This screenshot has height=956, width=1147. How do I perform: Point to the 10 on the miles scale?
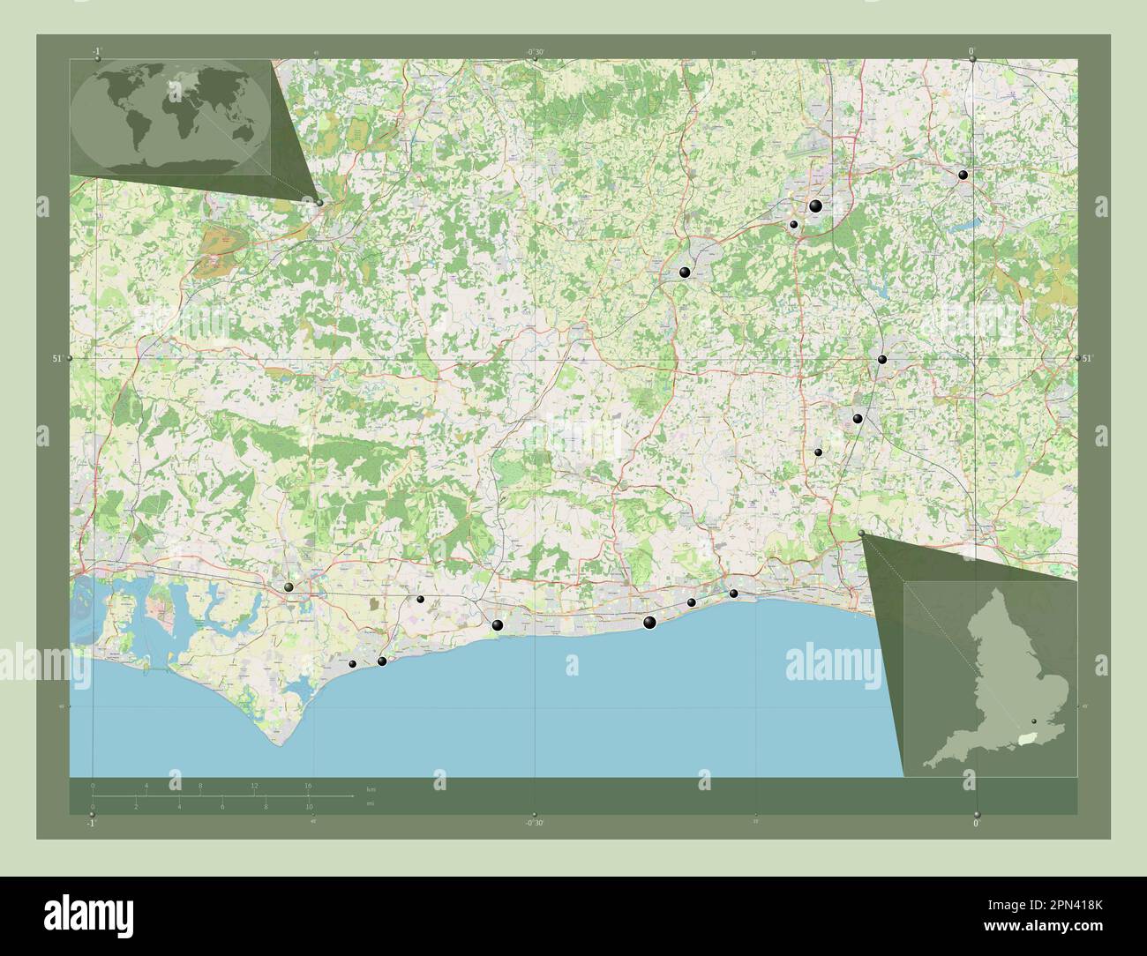pyautogui.click(x=309, y=807)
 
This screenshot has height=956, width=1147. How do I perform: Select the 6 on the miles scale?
pyautogui.click(x=222, y=807)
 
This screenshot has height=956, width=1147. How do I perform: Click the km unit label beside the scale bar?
pyautogui.click(x=371, y=788)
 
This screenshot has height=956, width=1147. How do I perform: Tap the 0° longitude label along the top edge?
pyautogui.click(x=971, y=52)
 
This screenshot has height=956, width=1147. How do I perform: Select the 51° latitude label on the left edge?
pyautogui.click(x=56, y=358)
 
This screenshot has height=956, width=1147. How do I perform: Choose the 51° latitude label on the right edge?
pyautogui.click(x=1088, y=358)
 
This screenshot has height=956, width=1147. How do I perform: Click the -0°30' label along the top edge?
pyautogui.click(x=535, y=52)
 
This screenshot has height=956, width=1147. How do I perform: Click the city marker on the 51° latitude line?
pyautogui.click(x=881, y=359)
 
